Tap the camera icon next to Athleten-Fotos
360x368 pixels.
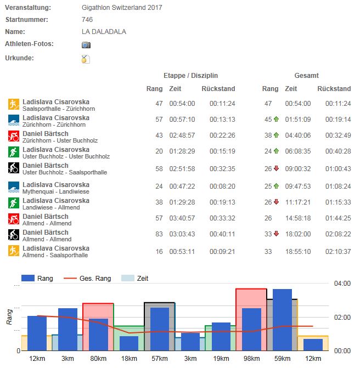(x=86, y=45)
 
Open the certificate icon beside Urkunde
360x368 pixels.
(x=86, y=59)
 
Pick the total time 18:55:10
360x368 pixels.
(x=297, y=252)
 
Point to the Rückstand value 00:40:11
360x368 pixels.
(x=222, y=236)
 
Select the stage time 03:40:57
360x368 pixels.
(x=182, y=220)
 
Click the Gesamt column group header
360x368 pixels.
(x=306, y=76)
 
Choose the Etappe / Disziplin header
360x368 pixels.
(x=190, y=76)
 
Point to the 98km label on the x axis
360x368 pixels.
(x=251, y=359)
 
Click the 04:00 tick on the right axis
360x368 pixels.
(x=343, y=283)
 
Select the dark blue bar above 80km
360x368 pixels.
(x=98, y=334)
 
